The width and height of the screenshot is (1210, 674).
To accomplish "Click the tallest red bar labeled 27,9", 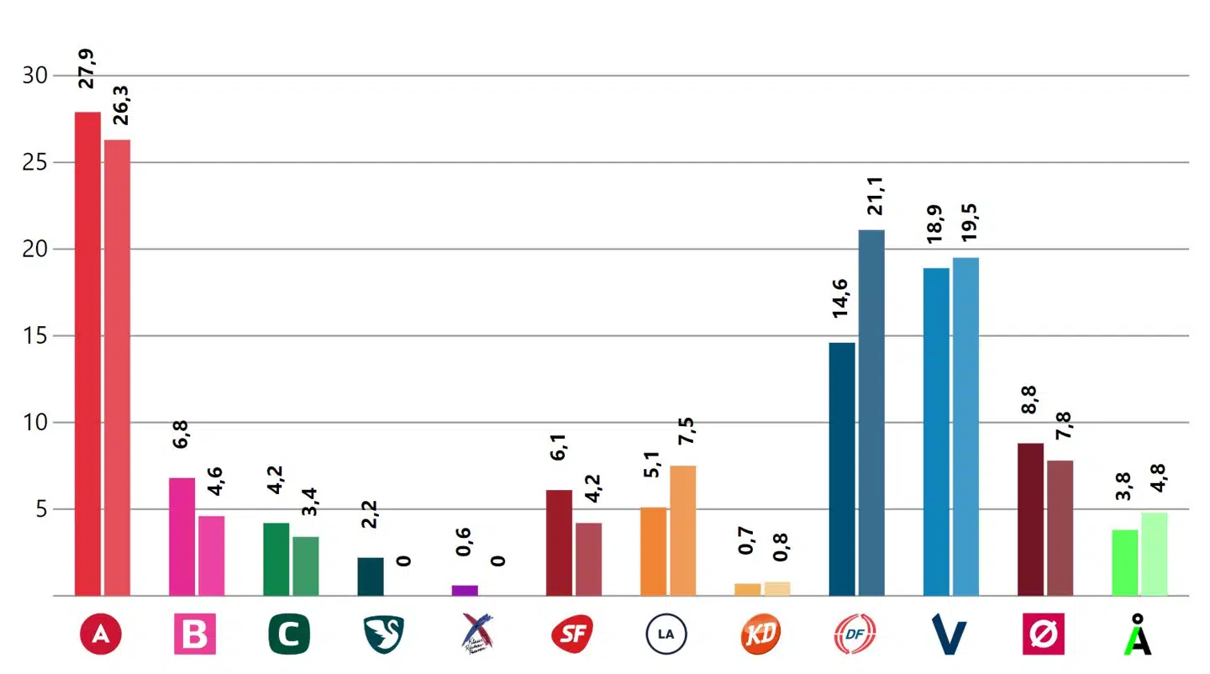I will pyautogui.click(x=87, y=353).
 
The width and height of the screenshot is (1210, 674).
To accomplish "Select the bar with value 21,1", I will pyautogui.click(x=871, y=412).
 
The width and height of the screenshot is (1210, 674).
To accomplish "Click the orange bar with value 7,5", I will pyautogui.click(x=682, y=530).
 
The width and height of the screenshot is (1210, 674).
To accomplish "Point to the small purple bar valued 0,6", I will pyautogui.click(x=465, y=590).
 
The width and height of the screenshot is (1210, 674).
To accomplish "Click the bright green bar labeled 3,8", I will pyautogui.click(x=1124, y=562).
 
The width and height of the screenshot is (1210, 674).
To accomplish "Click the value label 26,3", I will pyautogui.click(x=120, y=104).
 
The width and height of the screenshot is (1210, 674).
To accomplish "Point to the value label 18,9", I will pyautogui.click(x=935, y=225).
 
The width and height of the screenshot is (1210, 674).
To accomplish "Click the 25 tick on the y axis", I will pyautogui.click(x=34, y=162).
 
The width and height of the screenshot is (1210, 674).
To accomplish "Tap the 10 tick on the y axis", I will pyautogui.click(x=34, y=422).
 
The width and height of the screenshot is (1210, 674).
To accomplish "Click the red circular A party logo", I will pyautogui.click(x=100, y=635).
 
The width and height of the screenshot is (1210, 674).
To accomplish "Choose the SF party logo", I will pyautogui.click(x=571, y=635).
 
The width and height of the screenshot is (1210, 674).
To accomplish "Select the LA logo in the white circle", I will pyautogui.click(x=666, y=635).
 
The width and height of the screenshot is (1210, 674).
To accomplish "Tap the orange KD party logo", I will pyautogui.click(x=760, y=635).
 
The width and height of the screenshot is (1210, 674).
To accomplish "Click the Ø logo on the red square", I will pyautogui.click(x=1043, y=635).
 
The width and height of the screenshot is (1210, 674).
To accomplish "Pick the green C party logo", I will pyautogui.click(x=289, y=635).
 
